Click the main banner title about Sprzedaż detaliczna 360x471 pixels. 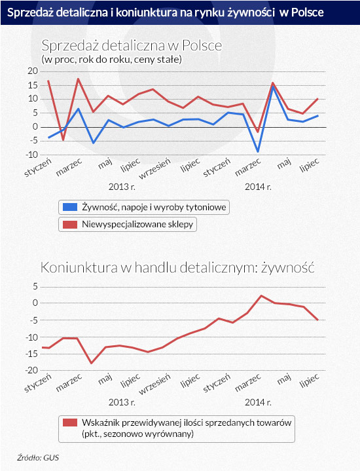point(165,12)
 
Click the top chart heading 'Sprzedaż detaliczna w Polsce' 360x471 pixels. point(132,46)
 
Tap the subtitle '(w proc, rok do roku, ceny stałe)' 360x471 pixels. point(111,60)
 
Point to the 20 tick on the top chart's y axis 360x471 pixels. point(33,71)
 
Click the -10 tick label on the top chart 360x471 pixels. point(31,155)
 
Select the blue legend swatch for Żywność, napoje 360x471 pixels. point(70,207)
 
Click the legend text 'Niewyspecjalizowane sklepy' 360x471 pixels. point(137,225)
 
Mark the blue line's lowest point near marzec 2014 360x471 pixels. point(258,151)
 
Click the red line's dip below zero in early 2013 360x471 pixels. point(63,140)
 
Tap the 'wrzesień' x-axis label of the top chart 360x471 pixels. point(154,168)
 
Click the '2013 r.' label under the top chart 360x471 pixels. point(122,187)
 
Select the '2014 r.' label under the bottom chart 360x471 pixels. point(258,402)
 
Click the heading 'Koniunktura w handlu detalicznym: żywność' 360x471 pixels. point(177,268)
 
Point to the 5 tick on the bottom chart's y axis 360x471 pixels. point(35,286)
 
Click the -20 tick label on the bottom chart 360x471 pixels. point(31,370)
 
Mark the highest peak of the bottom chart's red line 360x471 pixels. point(261,295)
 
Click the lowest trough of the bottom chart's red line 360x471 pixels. point(92,363)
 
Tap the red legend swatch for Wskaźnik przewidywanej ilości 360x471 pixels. point(70,423)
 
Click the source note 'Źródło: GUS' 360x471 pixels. point(38,457)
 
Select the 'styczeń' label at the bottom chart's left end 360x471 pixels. point(38,383)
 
